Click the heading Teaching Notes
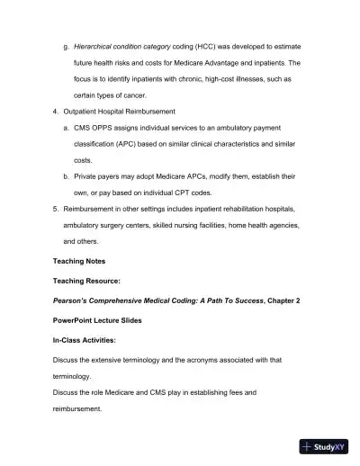(x=79, y=261)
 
